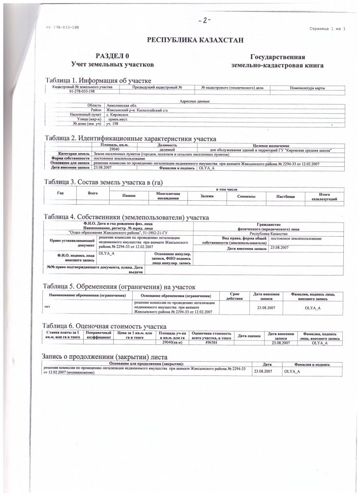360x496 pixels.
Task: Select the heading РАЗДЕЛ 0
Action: pyautogui.click(x=112, y=57)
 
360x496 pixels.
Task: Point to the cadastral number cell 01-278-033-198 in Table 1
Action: pyautogui.click(x=82, y=92)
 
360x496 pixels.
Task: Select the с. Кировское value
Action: pyautogui.click(x=120, y=115)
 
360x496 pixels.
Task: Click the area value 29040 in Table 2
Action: pyautogui.click(x=115, y=150)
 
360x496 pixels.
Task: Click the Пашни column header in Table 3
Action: pyautogui.click(x=129, y=196)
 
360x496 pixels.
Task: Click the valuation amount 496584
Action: pyautogui.click(x=211, y=342)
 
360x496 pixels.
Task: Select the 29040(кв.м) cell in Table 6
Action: pyautogui.click(x=172, y=342)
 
